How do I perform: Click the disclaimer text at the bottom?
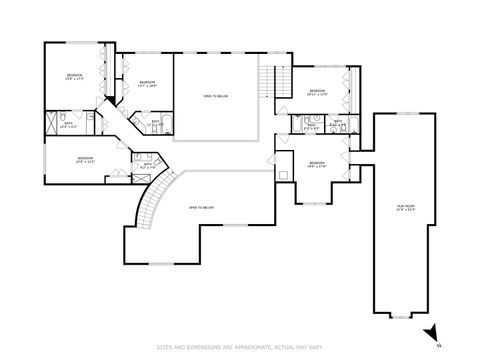point(240,345)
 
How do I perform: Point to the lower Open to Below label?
point(202,208)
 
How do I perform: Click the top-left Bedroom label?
point(75,78)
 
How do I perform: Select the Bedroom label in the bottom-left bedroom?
point(86,161)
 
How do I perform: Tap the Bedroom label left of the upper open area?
point(146,83)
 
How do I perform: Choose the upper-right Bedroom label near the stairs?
point(317,93)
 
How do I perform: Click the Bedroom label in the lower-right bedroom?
point(317,165)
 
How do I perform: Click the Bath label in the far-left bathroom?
point(69,125)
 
